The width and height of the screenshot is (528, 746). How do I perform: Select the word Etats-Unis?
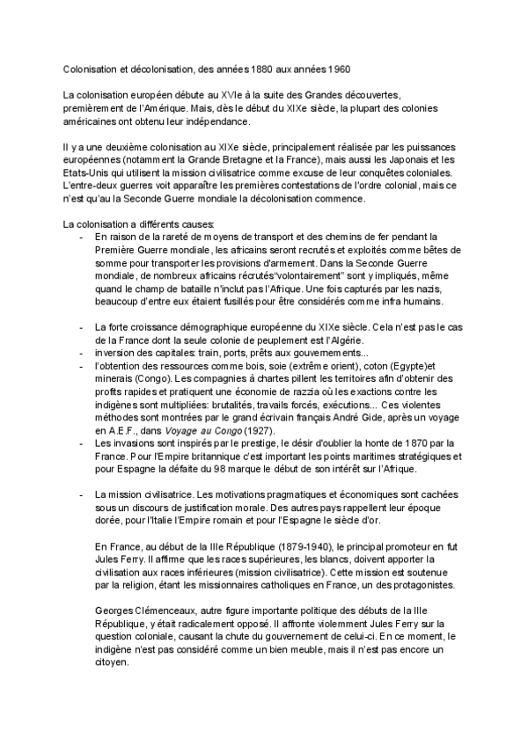87,173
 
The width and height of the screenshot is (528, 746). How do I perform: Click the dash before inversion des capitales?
81,355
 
